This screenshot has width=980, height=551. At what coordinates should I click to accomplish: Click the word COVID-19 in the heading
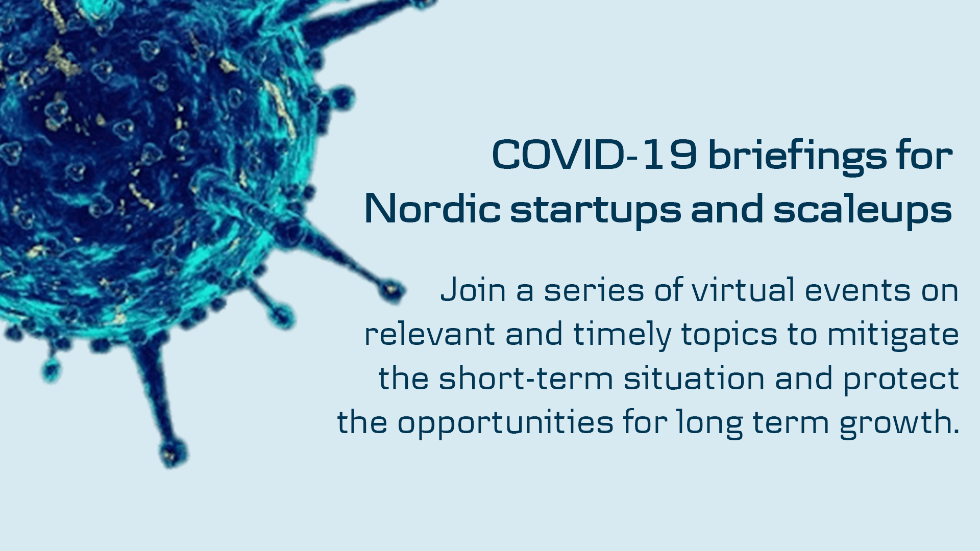pyautogui.click(x=595, y=155)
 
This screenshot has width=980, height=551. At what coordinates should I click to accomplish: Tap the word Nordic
pyautogui.click(x=433, y=208)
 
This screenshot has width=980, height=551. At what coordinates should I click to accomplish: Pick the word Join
pyautogui.click(x=473, y=290)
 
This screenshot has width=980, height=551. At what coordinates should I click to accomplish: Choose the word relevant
pyautogui.click(x=429, y=335)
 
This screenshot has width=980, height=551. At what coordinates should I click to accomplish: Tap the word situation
pyautogui.click(x=694, y=379)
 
